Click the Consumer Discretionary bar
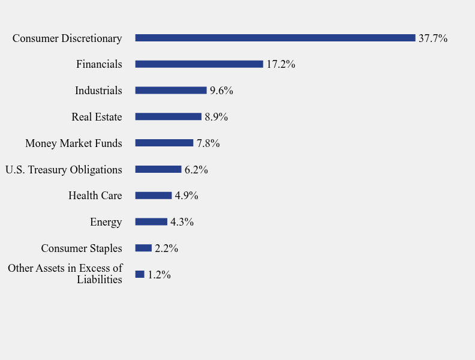point(275,38)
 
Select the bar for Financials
point(199,64)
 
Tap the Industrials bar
point(171,91)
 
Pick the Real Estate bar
point(169,117)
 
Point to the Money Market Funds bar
point(164,143)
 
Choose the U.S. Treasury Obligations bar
point(158,169)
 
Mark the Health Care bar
point(154,196)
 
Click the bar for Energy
point(151,222)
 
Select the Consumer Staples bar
point(143,248)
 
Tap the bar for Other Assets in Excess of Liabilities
point(140,274)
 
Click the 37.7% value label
point(433,38)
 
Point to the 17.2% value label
point(281,64)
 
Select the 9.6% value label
point(221,91)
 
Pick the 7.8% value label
point(208,143)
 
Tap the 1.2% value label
point(159,275)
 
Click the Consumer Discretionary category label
point(67,38)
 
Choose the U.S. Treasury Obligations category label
point(64,170)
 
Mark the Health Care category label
point(95,196)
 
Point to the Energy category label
point(106,222)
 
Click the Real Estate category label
point(97,117)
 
